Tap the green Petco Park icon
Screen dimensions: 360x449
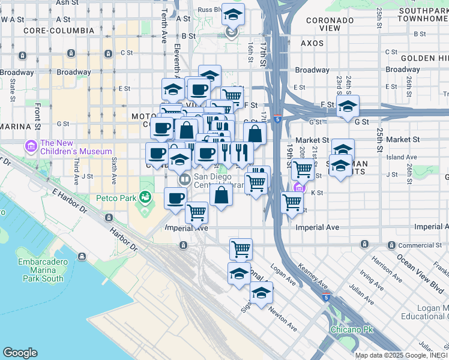pyautogui.click(x=144, y=197)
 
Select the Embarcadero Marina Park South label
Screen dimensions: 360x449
pyautogui.click(x=41, y=270)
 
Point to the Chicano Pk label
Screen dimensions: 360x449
pyautogui.click(x=352, y=329)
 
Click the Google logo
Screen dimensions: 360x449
pyautogui.click(x=20, y=353)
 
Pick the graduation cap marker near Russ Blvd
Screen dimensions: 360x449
pyautogui.click(x=233, y=14)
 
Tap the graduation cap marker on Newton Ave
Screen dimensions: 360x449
pyautogui.click(x=261, y=293)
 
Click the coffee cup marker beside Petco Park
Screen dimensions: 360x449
pyautogui.click(x=175, y=198)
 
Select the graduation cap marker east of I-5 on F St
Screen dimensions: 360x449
pyautogui.click(x=348, y=106)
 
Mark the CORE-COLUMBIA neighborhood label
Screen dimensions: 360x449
pyautogui.click(x=58, y=31)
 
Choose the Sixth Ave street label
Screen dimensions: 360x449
pyautogui.click(x=114, y=172)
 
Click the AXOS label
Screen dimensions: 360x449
pyautogui.click(x=312, y=43)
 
